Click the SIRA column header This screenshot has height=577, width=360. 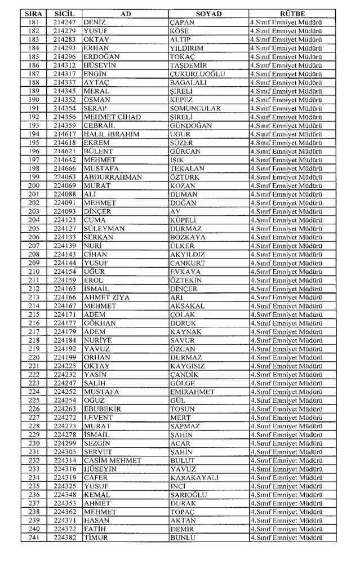(x=34, y=13)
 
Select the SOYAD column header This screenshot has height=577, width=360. (x=208, y=13)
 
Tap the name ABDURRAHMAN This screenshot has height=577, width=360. (x=113, y=177)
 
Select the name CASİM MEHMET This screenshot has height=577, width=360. (x=113, y=460)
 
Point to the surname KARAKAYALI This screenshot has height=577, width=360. (x=194, y=478)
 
